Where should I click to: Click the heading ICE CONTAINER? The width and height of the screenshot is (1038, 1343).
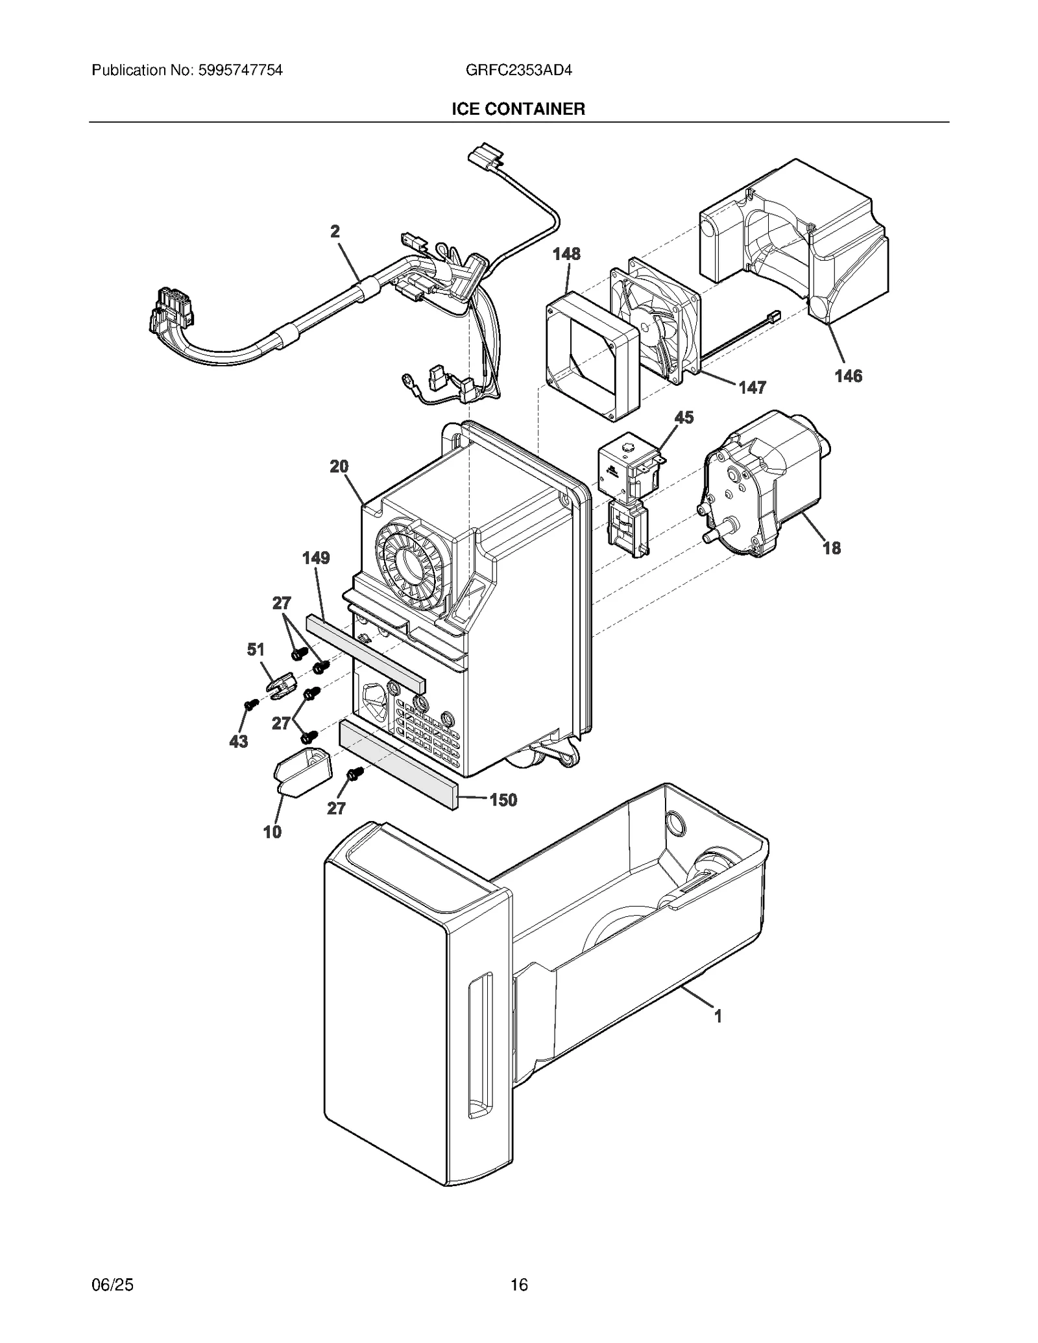518,109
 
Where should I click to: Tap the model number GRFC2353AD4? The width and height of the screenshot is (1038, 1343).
518,70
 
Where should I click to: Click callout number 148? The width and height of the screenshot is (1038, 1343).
566,254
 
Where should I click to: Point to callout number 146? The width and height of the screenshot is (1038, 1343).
848,375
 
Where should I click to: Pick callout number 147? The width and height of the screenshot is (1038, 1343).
752,387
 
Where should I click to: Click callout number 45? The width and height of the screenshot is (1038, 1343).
684,417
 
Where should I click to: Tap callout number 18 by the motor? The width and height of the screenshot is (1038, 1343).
831,548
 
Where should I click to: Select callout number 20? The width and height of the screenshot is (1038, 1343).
339,466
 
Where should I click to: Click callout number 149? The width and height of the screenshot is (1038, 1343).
316,558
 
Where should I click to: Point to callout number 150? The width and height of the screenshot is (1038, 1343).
503,800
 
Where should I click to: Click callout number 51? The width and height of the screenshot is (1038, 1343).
256,649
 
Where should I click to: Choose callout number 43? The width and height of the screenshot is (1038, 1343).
239,741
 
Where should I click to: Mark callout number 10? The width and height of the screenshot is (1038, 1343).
272,832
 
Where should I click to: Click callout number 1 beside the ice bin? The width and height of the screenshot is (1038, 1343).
718,1016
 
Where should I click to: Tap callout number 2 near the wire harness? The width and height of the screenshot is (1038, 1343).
335,232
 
